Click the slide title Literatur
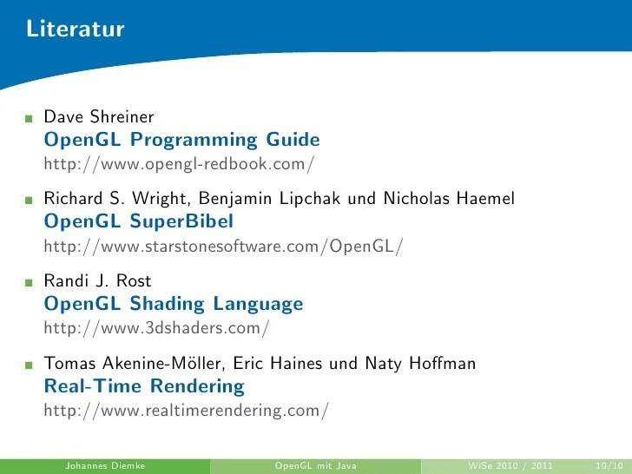click(76, 30)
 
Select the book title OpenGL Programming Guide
click(181, 140)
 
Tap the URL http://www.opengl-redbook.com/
click(179, 163)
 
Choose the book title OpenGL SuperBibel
click(138, 222)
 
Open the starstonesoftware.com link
click(223, 247)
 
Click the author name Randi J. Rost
click(97, 281)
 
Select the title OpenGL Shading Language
click(174, 305)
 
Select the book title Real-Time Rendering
click(144, 387)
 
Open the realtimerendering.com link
click(186, 411)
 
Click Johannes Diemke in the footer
click(104, 466)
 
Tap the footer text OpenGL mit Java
click(316, 466)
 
